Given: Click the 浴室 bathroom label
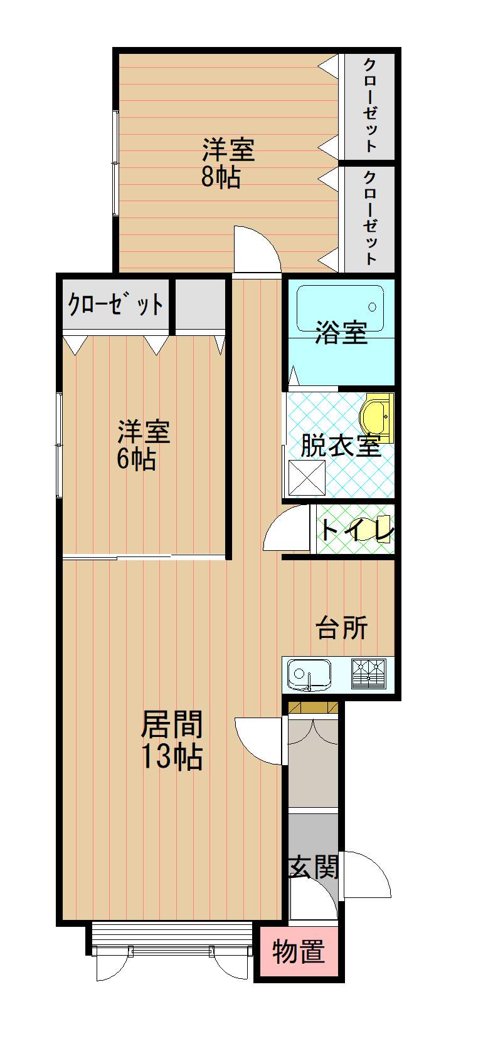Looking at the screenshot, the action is coord(341,332).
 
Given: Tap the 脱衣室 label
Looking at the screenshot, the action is coord(341,446).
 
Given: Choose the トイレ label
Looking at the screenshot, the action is coord(356,530).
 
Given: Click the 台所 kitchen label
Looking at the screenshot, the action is coord(342,627).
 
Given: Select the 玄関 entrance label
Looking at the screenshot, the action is coord(314,866).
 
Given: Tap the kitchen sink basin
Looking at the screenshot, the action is coord(309,674).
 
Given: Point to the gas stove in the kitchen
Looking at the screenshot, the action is coord(369,673).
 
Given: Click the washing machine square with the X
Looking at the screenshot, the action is coord(307,478).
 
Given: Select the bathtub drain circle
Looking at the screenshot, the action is coord(372,306).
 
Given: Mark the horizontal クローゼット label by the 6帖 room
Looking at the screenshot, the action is coord(115,305).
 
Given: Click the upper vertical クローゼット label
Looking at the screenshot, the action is coord(369,105).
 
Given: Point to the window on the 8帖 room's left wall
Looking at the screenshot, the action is coord(115,164).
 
